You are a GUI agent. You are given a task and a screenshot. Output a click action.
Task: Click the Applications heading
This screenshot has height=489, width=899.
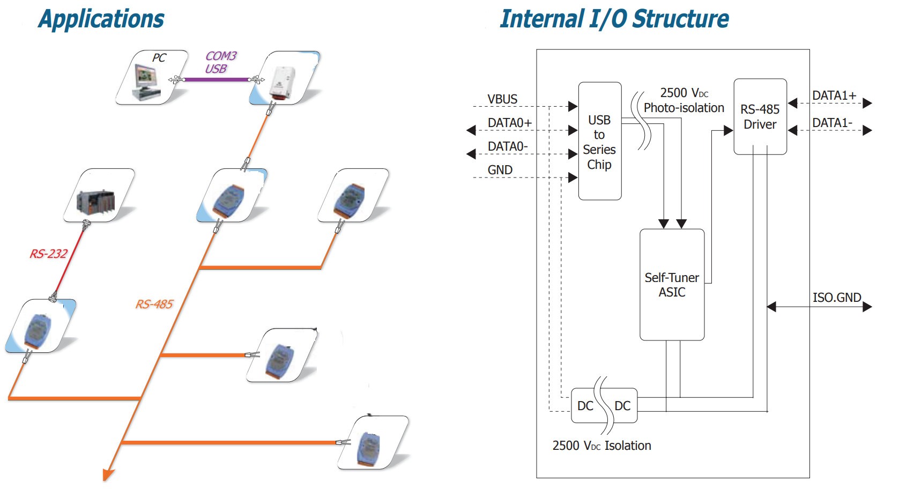coord(101,19)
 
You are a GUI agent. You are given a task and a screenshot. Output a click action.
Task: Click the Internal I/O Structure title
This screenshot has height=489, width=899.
coord(614,19)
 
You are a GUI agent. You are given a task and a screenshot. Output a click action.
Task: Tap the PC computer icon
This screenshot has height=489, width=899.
coord(146,80)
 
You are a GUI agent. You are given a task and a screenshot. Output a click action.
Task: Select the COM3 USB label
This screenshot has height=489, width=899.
coord(220,62)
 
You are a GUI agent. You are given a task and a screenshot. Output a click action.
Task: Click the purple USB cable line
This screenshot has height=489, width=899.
coord(217,80)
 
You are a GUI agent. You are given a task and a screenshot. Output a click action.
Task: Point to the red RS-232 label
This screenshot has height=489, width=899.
coord(48,254)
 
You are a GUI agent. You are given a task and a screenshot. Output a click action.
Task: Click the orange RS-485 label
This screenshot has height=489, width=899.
coord(154,305)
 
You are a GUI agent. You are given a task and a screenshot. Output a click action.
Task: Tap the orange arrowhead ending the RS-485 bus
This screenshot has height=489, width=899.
coord(108,475)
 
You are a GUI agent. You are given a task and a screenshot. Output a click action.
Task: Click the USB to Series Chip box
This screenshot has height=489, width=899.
coord(600,142)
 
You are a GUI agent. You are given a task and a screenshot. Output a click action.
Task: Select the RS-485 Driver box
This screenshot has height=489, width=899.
coord(760,117)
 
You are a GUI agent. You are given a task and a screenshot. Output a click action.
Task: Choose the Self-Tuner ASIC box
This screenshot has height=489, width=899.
coord(672,285)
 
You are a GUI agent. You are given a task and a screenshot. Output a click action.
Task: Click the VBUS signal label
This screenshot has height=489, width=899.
coord(502,99)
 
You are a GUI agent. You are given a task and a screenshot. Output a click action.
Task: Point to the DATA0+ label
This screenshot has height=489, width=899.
coord(509,123)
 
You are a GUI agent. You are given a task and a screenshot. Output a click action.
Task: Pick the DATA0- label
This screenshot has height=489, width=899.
coord(507,146)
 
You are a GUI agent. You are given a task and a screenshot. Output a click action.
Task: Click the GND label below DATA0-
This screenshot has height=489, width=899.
coord(500,170)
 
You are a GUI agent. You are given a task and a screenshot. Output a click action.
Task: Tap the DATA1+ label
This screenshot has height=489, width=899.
coord(834,95)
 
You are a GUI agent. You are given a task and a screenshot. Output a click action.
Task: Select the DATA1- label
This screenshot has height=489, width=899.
coord(832,123)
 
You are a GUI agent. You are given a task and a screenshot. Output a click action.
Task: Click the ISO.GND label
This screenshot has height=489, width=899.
coord(836,298)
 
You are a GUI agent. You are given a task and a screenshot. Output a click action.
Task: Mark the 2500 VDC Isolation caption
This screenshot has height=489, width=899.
coord(601,446)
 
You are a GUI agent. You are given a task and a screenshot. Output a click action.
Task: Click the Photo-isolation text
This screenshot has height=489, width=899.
coord(683,108)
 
